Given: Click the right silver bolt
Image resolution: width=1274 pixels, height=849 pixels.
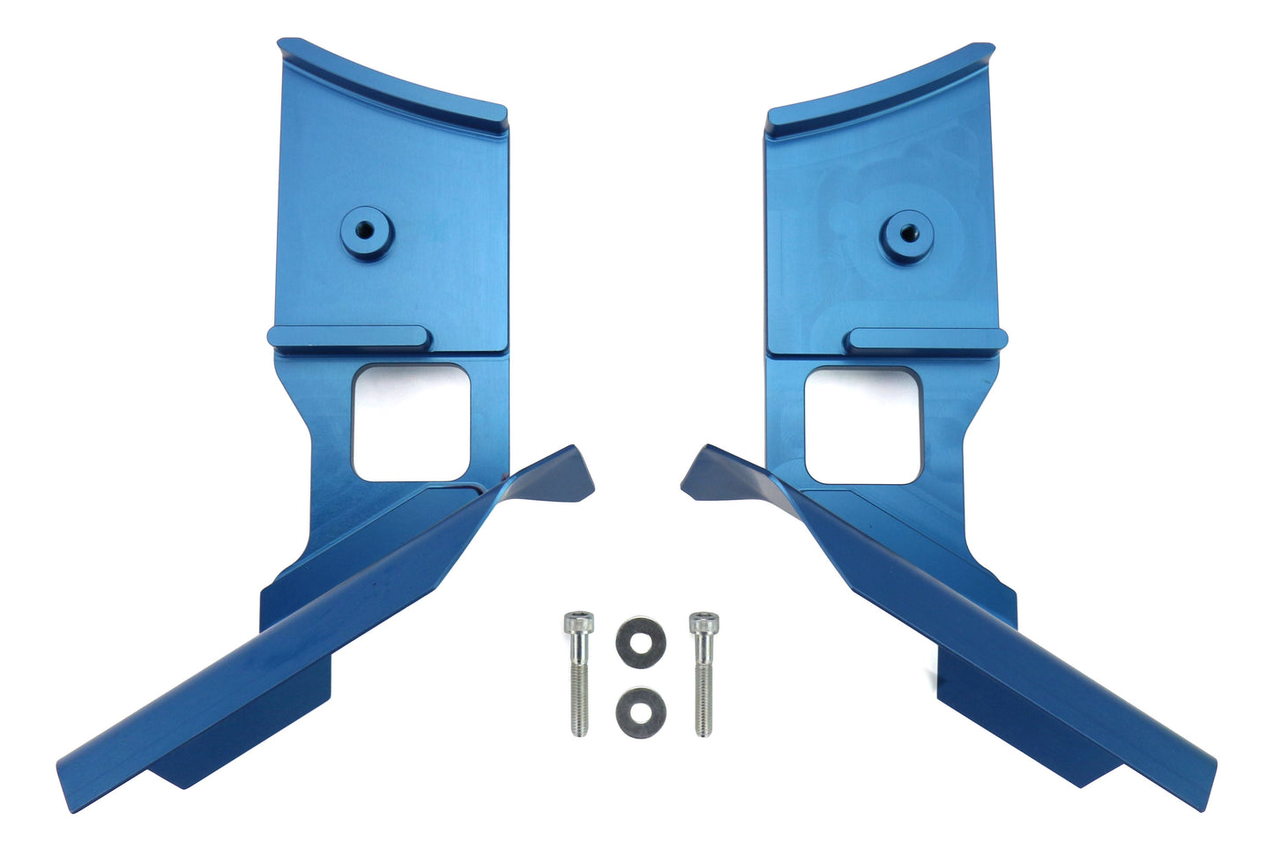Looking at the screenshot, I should coord(702,674).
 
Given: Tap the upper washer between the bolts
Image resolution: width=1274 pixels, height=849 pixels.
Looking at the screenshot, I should coord(641,636).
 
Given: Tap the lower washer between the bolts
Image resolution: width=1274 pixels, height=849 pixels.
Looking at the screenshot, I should coord(641,711).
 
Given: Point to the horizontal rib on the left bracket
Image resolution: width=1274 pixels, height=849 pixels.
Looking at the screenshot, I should coord(349,337).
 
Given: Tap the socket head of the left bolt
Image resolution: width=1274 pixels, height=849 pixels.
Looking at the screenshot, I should coord(578,623).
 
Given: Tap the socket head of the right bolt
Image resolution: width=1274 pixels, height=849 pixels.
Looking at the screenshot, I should coord(702,623).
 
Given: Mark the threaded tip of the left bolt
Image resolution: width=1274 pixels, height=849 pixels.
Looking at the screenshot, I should coord(579,725).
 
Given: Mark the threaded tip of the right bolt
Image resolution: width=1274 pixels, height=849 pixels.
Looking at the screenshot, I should coord(703,725).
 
